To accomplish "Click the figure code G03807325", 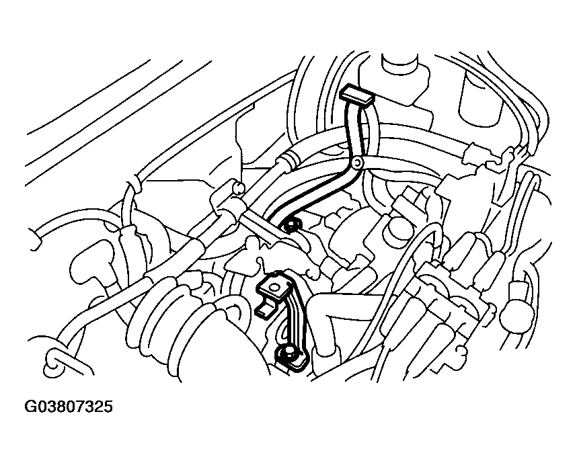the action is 69,407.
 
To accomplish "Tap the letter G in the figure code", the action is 30,407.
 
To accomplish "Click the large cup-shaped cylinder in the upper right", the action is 480,95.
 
